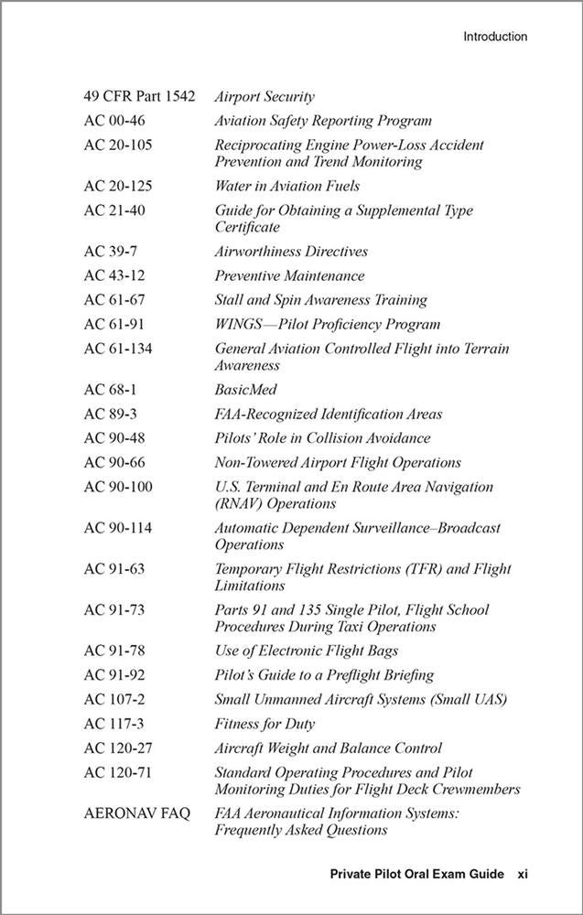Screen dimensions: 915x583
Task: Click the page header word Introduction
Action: pyautogui.click(x=494, y=38)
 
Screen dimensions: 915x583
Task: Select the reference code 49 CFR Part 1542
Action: pyautogui.click(x=139, y=96)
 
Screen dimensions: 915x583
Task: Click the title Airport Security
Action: pyautogui.click(x=265, y=96)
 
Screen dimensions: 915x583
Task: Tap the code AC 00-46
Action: pyautogui.click(x=114, y=121)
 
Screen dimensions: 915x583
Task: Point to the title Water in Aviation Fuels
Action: pyautogui.click(x=286, y=186)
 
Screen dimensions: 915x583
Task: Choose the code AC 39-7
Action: pyautogui.click(x=111, y=251)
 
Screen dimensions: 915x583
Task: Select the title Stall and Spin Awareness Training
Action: pyautogui.click(x=320, y=299)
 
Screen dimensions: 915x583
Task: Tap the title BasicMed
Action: pyautogui.click(x=245, y=390)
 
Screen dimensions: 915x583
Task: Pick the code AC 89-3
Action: pyautogui.click(x=111, y=414)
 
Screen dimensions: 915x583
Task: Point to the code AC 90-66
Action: pyautogui.click(x=114, y=463)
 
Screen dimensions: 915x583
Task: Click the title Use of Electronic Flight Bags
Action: pyautogui.click(x=307, y=651)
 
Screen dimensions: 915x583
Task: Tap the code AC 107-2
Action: pyautogui.click(x=114, y=700)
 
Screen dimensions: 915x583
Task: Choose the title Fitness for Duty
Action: pyautogui.click(x=265, y=724)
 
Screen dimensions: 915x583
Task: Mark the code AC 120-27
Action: pyautogui.click(x=118, y=748)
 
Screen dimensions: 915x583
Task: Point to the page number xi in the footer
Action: pyautogui.click(x=522, y=875)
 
